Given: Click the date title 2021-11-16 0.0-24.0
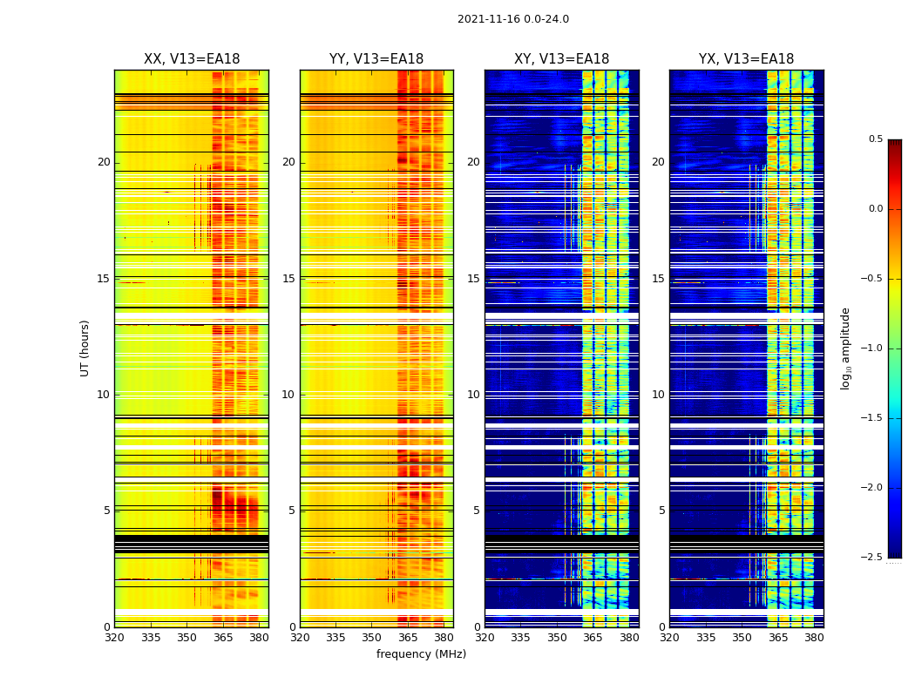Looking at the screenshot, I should pyautogui.click(x=513, y=19).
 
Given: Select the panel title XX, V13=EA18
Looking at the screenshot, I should pyautogui.click(x=192, y=59).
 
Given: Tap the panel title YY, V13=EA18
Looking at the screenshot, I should pyautogui.click(x=376, y=59).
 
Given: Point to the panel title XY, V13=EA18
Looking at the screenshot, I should pyautogui.click(x=561, y=59).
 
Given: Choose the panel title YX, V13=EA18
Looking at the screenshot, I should pyautogui.click(x=746, y=59).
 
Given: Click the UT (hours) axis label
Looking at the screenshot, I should pyautogui.click(x=85, y=348).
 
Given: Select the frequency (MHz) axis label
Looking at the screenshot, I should pyautogui.click(x=421, y=654).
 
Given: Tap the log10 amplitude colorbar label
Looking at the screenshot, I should pyautogui.click(x=845, y=348).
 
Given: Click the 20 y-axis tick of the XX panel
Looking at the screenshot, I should pyautogui.click(x=104, y=162).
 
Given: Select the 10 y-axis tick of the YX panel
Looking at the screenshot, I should pyautogui.click(x=659, y=395).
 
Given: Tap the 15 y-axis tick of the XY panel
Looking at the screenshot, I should pyautogui.click(x=474, y=279).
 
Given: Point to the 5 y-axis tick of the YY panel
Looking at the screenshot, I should pyautogui.click(x=292, y=511).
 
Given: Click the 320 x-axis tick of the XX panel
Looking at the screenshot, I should pyautogui.click(x=114, y=637).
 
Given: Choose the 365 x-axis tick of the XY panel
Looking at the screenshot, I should pyautogui.click(x=593, y=637).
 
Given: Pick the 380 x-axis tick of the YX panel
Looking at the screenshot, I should pyautogui.click(x=814, y=637).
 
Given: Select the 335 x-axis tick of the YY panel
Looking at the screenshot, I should pyautogui.click(x=335, y=637).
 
